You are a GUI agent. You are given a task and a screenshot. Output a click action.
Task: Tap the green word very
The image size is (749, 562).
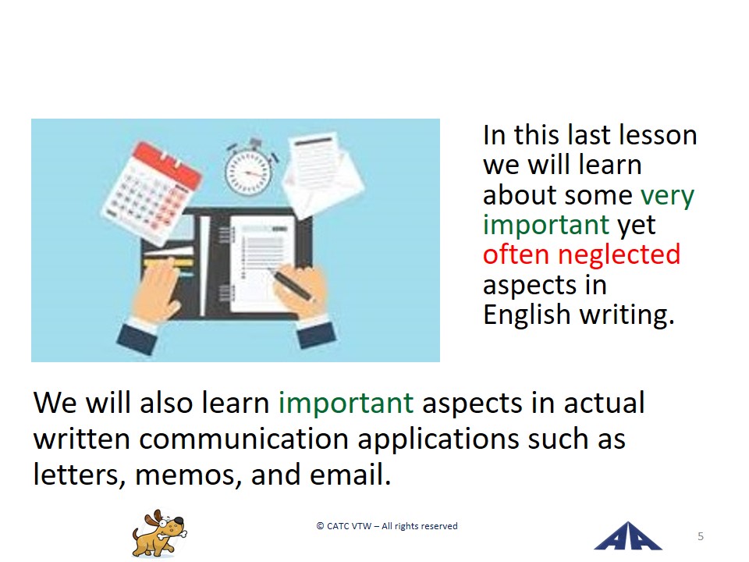coord(667,196)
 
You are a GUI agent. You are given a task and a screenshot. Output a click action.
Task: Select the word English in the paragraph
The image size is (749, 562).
coord(527,315)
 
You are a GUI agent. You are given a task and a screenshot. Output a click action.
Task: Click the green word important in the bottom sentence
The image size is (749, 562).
coord(346,403)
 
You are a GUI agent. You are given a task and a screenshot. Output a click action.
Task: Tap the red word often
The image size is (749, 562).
coord(516,254)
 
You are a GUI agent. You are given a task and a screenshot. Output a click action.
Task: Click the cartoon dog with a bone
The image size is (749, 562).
coord(159,533)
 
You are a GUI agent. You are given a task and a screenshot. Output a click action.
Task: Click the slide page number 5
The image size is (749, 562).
coord(701,536)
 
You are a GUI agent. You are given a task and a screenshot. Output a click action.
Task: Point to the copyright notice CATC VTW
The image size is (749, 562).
coord(387,526)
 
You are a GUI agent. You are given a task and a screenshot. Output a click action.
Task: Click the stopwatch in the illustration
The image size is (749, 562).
coord(248,169)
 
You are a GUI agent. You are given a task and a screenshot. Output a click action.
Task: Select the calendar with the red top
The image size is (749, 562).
coord(152,192)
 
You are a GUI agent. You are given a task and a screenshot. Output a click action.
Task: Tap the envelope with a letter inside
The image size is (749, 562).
coord(323,175)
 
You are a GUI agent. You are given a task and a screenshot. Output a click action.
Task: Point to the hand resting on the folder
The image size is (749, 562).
coord(156,291)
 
